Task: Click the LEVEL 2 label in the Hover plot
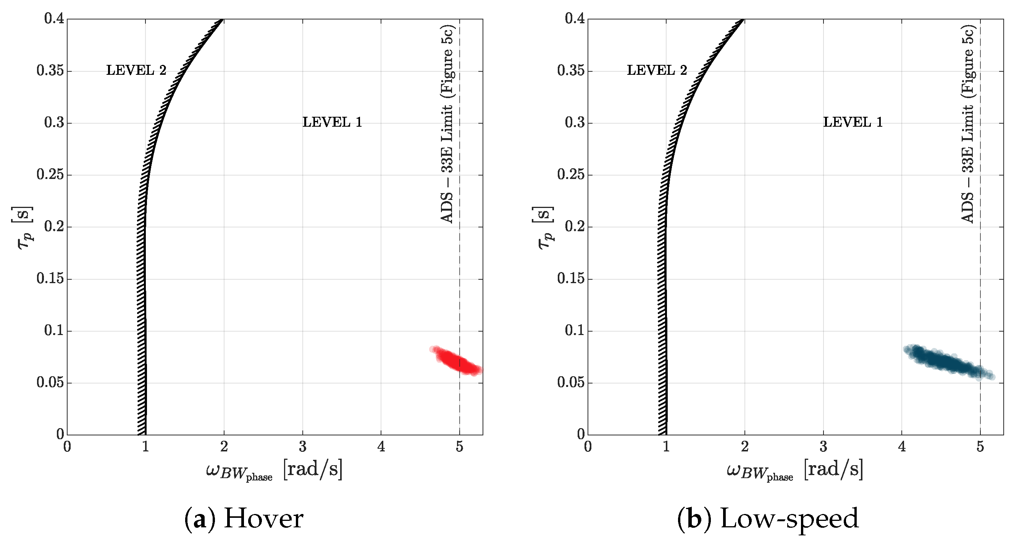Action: pyautogui.click(x=136, y=70)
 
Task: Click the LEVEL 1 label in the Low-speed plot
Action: pyautogui.click(x=853, y=122)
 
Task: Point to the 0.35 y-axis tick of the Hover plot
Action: pyautogui.click(x=50, y=71)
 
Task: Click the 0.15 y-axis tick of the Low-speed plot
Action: pyautogui.click(x=570, y=279)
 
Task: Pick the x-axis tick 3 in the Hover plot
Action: pyautogui.click(x=302, y=446)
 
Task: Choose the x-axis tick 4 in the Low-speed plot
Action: pyautogui.click(x=902, y=446)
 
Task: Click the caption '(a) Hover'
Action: pyautogui.click(x=244, y=518)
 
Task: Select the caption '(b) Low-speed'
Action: pyautogui.click(x=768, y=518)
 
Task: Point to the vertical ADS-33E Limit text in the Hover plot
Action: pyautogui.click(x=447, y=124)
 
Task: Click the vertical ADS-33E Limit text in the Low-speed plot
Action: pyautogui.click(x=967, y=124)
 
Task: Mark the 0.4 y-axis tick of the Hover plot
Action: pyautogui.click(x=54, y=18)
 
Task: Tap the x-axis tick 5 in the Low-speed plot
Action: pyautogui.click(x=980, y=446)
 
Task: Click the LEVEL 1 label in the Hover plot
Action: pyautogui.click(x=332, y=122)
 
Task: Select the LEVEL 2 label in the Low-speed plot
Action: pyautogui.click(x=657, y=70)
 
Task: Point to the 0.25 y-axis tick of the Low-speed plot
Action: pyautogui.click(x=570, y=175)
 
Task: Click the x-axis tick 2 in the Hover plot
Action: pyautogui.click(x=224, y=446)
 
